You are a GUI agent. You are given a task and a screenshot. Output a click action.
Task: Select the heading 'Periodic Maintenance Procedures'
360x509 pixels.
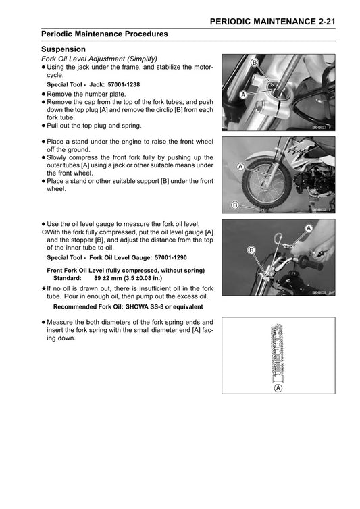[x=105, y=34]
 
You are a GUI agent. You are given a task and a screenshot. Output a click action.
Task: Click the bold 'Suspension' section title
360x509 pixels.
[x=63, y=50]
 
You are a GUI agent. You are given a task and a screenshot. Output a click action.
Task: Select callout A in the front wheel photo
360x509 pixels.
[x=240, y=165]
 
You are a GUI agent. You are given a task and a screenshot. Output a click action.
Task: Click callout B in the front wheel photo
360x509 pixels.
[x=234, y=205]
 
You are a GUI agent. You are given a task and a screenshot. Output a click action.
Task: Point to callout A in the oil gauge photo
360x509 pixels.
[x=309, y=230]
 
